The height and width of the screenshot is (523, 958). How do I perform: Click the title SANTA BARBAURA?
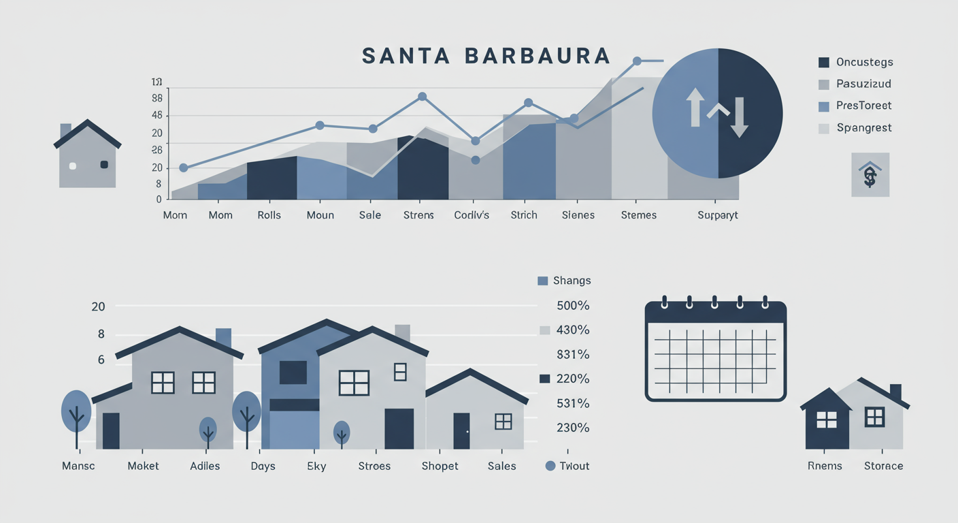click(486, 56)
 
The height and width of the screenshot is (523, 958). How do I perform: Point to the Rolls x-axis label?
click(269, 215)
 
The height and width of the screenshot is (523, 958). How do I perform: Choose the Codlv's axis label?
click(472, 215)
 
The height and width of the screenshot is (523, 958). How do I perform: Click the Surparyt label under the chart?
click(718, 215)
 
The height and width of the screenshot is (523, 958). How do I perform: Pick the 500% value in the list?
click(573, 306)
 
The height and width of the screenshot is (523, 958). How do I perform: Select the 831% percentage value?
click(573, 355)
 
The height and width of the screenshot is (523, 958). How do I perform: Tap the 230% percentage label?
click(573, 428)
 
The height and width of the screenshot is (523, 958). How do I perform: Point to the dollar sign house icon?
click(870, 175)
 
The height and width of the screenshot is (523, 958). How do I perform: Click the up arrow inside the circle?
click(695, 108)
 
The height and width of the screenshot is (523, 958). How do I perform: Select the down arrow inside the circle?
click(740, 117)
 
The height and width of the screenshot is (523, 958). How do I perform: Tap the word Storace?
click(883, 466)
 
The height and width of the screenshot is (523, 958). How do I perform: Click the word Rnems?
click(825, 466)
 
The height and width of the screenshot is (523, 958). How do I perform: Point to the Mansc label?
click(78, 466)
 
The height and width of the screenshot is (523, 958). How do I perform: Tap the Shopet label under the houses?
click(440, 466)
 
